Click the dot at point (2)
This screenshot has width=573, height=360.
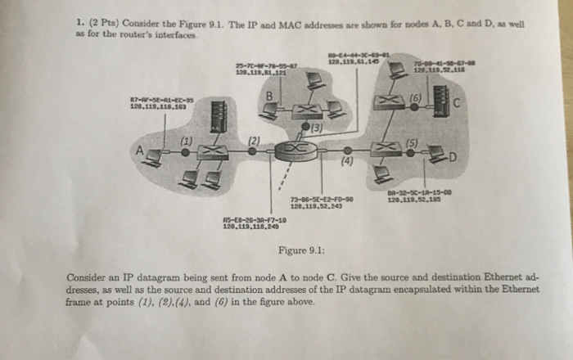[x=249, y=151]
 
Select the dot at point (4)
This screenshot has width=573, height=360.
[x=347, y=151]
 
